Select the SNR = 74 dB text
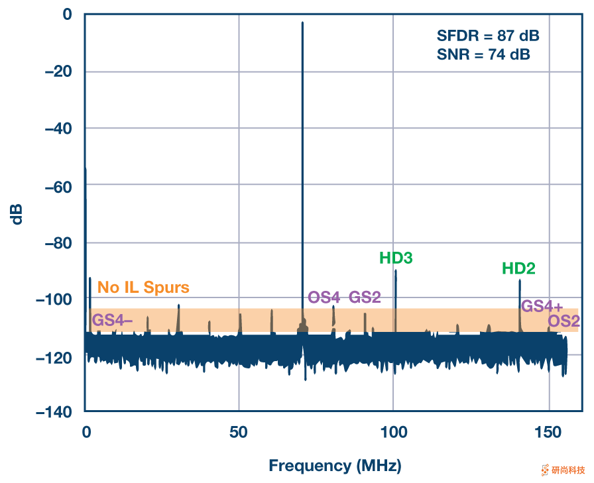coord(483,55)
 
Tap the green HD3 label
coord(396,258)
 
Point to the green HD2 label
coord(518,268)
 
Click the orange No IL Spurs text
coord(143,288)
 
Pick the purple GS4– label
coord(112,320)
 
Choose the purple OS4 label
coord(324,297)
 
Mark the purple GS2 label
coord(365,297)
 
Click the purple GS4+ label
coord(542,306)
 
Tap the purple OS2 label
coord(564,321)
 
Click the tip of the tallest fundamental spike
coord(302,23)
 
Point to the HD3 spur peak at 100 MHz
coord(396,270)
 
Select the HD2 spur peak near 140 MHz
coord(520,280)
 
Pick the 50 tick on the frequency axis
coord(239,433)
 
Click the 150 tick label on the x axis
coord(548,433)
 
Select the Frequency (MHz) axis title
coord(335,466)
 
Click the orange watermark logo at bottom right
coord(546,470)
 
